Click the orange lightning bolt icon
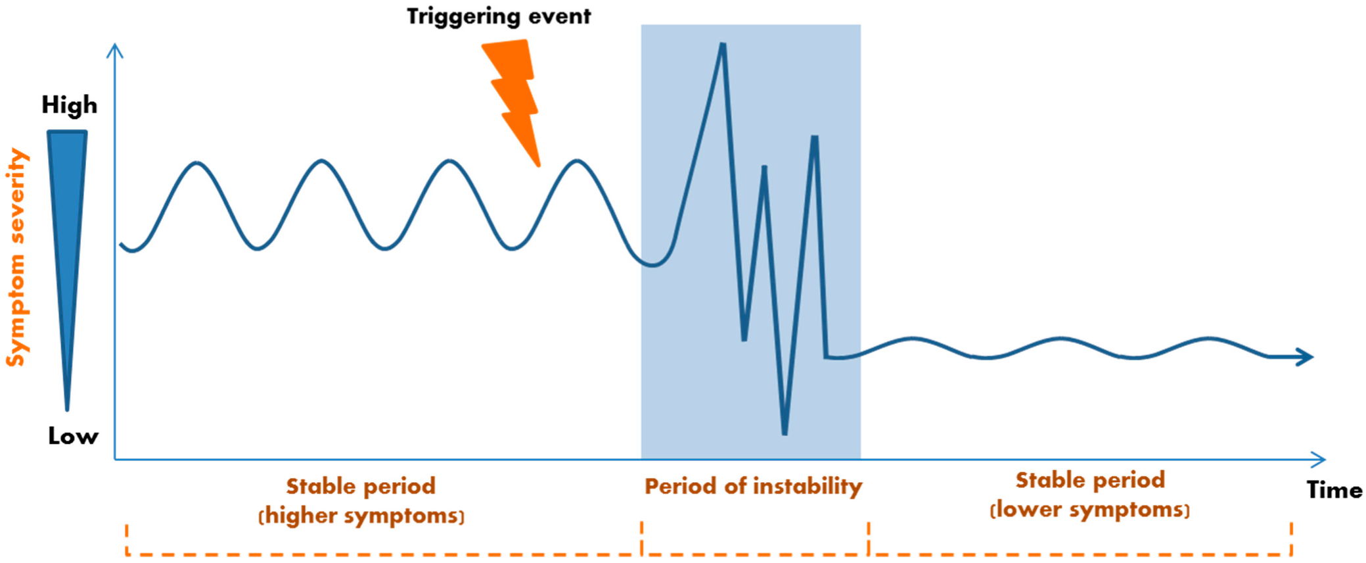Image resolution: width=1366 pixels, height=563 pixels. pos(512,99)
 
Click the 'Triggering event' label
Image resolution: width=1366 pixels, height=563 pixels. pos(499,16)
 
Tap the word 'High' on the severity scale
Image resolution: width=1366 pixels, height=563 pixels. pos(70,105)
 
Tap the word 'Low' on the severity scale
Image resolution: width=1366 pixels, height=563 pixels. pos(73,436)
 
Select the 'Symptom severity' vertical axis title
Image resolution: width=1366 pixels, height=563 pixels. pos(16,257)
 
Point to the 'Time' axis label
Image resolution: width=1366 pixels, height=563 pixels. pos(1334,490)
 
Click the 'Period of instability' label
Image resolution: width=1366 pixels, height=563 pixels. pos(753,487)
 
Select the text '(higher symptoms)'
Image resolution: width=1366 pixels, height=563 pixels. pos(361,516)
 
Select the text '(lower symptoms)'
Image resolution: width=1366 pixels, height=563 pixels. pos(1090,510)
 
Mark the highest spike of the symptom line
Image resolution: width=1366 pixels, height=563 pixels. pos(723,45)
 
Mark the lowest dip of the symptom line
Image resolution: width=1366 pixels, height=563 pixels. pos(785,433)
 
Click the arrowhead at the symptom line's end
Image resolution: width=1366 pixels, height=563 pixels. pos(1304,357)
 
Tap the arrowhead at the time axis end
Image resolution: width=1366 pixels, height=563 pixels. pos(1319,459)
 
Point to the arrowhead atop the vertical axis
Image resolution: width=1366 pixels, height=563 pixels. pos(115,50)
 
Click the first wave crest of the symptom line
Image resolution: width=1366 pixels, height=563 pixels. pos(196,162)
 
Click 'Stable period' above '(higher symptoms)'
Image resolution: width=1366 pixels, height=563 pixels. pos(361,487)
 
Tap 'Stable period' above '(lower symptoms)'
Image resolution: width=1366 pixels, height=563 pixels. pos(1091,480)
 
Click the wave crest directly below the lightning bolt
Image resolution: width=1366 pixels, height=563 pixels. pos(576,161)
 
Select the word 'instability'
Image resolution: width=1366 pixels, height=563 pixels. pos(808,487)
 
